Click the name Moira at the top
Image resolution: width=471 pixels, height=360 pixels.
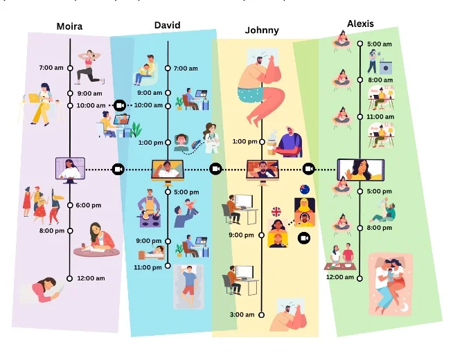(69, 27)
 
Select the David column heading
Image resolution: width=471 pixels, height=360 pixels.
(167, 26)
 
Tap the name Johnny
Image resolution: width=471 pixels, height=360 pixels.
(262, 30)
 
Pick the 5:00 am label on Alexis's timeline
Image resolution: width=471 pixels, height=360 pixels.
(379, 44)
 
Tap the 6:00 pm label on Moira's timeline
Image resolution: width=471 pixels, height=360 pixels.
(89, 205)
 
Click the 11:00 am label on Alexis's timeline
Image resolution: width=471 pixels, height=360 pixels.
(379, 117)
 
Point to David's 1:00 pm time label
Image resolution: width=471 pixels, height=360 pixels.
(150, 143)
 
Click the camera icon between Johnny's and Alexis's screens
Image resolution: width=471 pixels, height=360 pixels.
(309, 169)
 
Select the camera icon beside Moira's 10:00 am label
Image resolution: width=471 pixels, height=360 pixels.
(119, 105)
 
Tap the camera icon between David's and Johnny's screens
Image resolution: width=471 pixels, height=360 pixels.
(215, 169)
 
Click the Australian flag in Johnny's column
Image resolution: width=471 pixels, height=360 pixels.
(304, 190)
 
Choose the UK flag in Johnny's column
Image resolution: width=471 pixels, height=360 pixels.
(276, 212)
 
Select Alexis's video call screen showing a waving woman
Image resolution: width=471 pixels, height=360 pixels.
(360, 170)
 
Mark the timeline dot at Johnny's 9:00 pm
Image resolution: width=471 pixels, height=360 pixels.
(262, 235)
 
